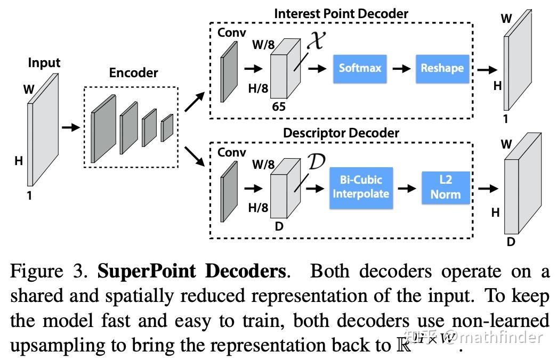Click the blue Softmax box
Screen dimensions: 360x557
[360, 68]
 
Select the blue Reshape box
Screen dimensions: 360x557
[442, 68]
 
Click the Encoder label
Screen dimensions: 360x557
[133, 73]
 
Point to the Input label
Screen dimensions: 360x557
[44, 63]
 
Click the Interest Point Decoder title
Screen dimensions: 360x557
[341, 13]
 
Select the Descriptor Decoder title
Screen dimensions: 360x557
[341, 133]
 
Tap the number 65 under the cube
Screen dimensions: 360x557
[279, 107]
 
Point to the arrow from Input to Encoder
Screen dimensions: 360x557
[70, 127]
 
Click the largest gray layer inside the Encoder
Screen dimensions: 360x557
[103, 129]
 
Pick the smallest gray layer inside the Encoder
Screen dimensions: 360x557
[167, 128]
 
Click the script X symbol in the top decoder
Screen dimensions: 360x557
[316, 41]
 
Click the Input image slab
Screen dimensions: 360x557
[42, 133]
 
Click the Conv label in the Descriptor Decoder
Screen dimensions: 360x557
[232, 153]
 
